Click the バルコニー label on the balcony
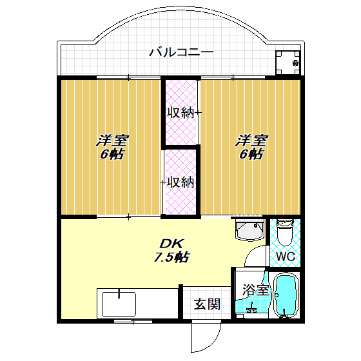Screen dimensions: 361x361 click(181, 52)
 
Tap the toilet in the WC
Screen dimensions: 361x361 click(285, 233)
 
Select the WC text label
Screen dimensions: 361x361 click(286, 257)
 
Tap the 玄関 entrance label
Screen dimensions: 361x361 click(207, 304)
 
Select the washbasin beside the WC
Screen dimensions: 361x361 click(249, 231)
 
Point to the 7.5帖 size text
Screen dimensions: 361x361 click(171, 257)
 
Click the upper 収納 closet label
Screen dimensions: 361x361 click(180, 113)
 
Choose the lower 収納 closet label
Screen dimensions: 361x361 click(180, 182)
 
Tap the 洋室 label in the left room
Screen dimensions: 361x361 click(113, 140)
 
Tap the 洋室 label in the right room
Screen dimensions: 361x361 click(251, 140)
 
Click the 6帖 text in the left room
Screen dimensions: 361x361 click(112, 154)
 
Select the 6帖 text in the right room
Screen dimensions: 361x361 click(251, 154)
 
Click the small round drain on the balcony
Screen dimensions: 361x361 click(295, 63)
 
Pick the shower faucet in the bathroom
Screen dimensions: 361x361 click(251, 309)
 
